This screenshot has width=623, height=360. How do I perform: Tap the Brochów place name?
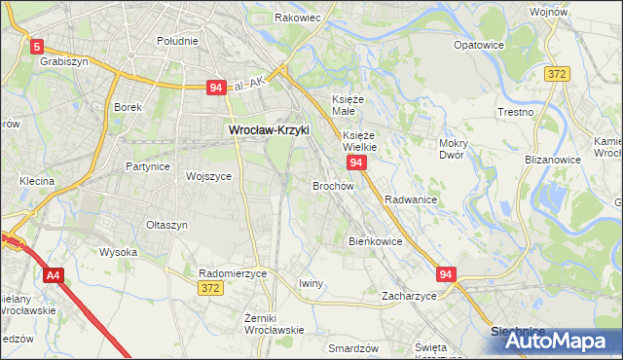[333, 185]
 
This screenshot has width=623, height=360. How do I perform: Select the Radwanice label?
[410, 198]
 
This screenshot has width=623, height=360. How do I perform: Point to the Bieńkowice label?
[375, 240]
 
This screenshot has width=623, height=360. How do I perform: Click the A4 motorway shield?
[53, 276]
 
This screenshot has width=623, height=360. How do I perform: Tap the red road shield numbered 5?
[37, 46]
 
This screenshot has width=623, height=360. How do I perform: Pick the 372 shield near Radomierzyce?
[209, 288]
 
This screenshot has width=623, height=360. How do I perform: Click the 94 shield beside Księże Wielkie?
[357, 162]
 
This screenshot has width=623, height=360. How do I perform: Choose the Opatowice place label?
[479, 45]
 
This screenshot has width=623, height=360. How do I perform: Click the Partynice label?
[148, 166]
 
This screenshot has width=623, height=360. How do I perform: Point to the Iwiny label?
[311, 283]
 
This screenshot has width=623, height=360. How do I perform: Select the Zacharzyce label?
[409, 295]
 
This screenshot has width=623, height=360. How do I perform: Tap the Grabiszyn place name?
[65, 60]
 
